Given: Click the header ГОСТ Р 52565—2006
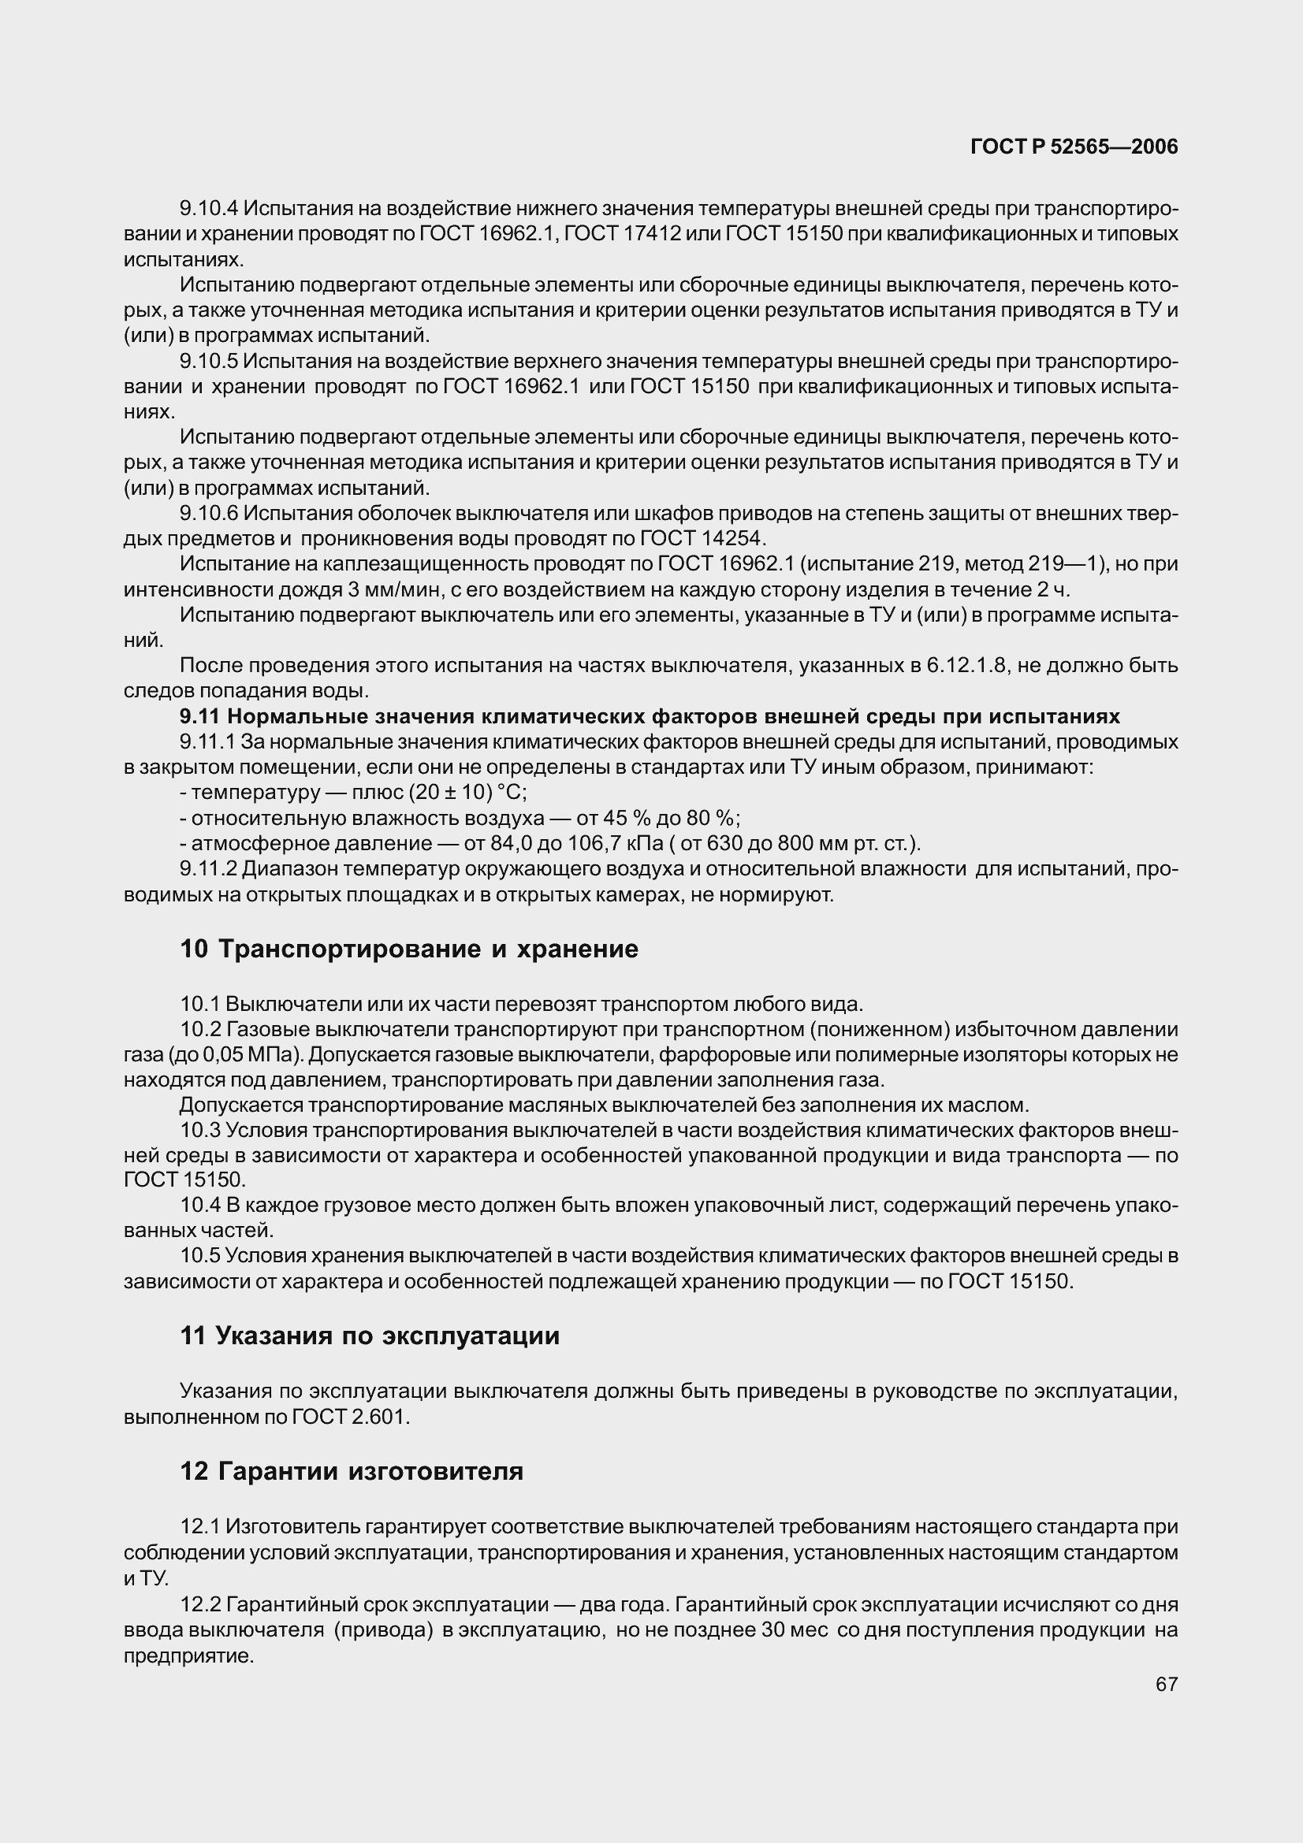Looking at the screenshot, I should (x=1074, y=147).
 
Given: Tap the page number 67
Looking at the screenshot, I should (x=1167, y=1684).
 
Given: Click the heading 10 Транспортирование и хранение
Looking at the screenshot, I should (x=408, y=949).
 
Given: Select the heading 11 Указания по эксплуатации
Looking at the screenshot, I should (x=370, y=1336).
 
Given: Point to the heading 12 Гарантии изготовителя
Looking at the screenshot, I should (x=352, y=1471).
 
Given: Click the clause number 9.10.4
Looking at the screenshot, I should (x=209, y=209).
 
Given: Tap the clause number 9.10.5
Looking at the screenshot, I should (x=209, y=361).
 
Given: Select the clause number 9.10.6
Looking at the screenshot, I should (x=209, y=513).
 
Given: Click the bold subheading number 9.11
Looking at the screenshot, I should (x=201, y=716).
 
